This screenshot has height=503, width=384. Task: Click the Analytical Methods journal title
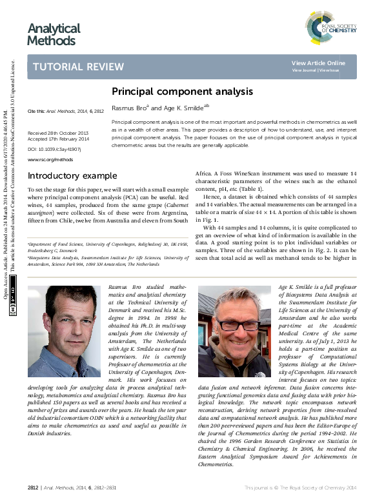click(54, 34)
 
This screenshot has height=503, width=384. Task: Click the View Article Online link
click(318, 63)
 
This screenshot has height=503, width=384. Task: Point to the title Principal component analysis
click(182, 92)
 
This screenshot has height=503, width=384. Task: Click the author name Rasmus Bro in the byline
click(130, 108)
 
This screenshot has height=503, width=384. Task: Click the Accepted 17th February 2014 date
click(58, 139)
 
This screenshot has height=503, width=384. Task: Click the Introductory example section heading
click(72, 176)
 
